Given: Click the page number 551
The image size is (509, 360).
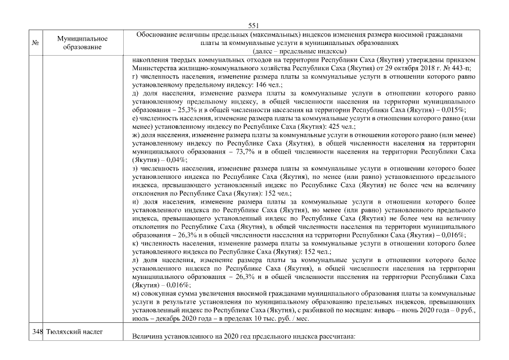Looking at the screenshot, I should tap(253, 25).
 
